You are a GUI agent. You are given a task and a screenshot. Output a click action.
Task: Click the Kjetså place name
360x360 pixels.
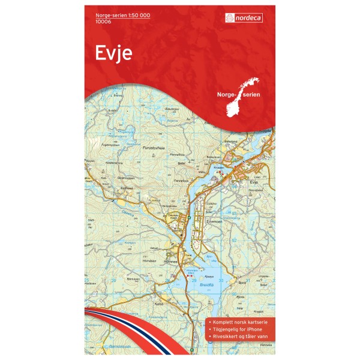[159, 303]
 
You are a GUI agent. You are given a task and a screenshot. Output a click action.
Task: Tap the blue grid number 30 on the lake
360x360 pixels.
[221, 281]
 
